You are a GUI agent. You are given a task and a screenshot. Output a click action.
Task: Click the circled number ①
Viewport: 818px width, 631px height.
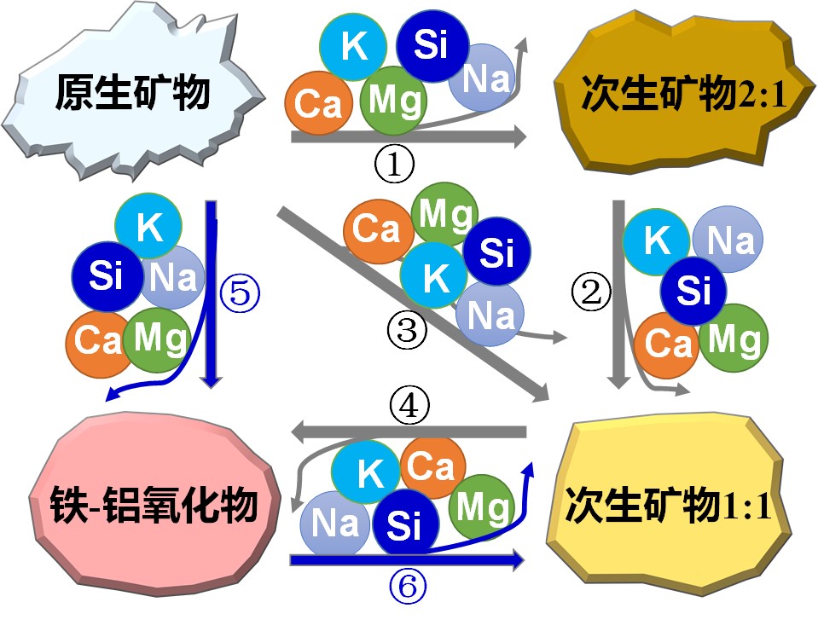tap(394, 165)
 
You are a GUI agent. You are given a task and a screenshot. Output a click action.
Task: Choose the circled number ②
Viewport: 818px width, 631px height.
tap(592, 292)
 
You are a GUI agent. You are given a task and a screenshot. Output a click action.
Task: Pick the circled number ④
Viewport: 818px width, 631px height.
tap(409, 404)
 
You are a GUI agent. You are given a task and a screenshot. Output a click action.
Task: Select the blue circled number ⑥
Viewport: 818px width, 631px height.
tap(408, 586)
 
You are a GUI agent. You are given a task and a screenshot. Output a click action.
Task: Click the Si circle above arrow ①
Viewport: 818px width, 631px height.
tap(431, 45)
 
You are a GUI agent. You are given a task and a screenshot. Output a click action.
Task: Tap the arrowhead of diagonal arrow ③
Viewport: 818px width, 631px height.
tap(541, 394)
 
